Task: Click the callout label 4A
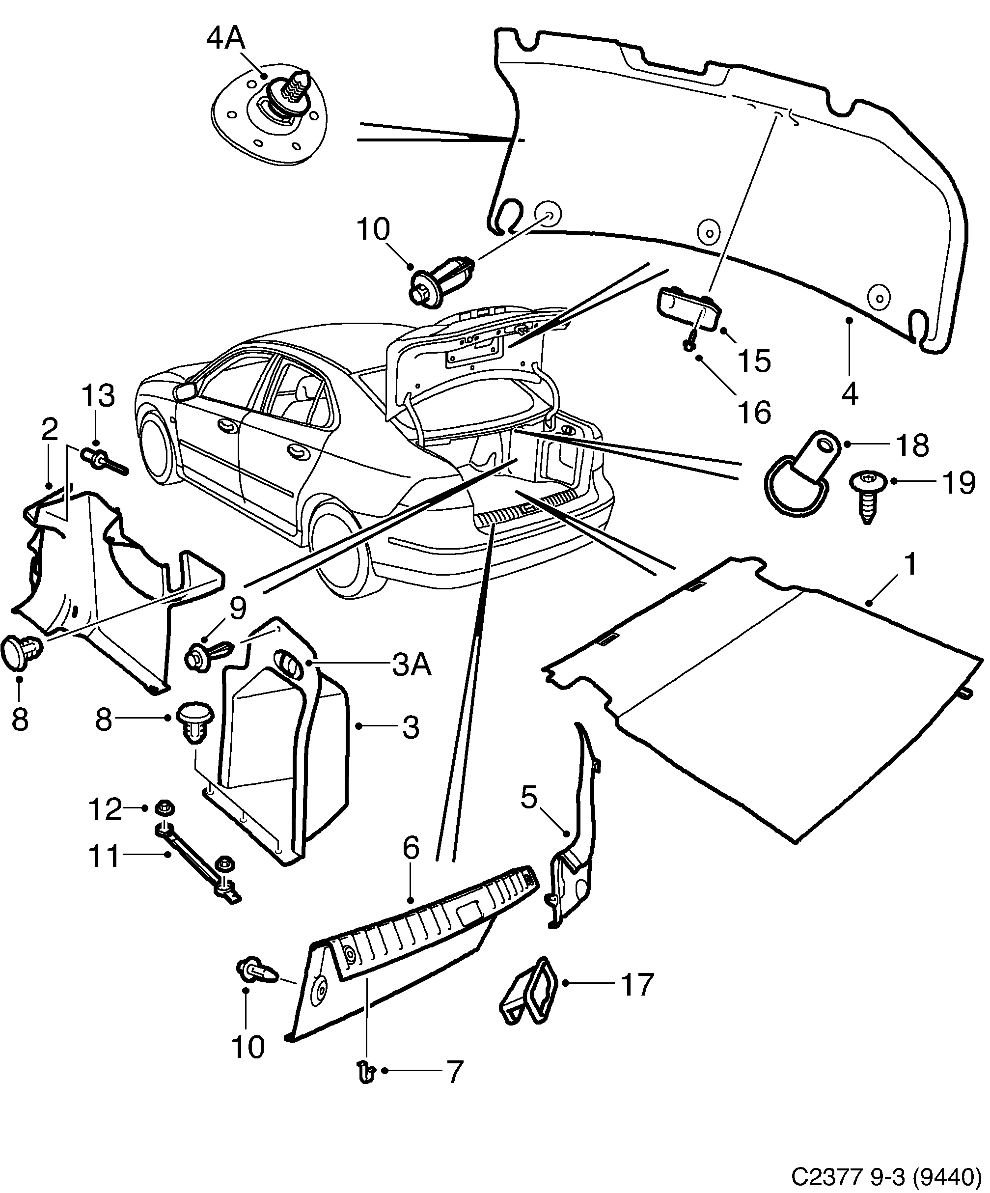tap(225, 39)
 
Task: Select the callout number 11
tap(105, 856)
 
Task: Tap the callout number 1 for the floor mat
tap(910, 565)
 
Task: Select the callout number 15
tap(754, 360)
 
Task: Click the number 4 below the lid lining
tap(849, 393)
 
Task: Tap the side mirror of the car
tap(185, 391)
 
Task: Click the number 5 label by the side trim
tap(528, 798)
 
